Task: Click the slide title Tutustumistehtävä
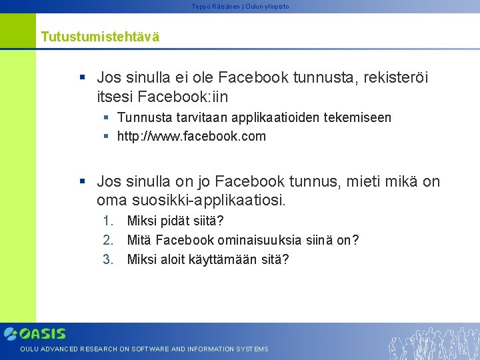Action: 100,37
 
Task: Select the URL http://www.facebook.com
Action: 191,137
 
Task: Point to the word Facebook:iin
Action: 183,97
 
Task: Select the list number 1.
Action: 109,221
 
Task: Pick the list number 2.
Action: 109,240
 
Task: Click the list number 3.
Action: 109,259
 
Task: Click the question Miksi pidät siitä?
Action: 175,221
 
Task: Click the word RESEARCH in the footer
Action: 99,349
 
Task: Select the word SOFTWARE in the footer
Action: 150,349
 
